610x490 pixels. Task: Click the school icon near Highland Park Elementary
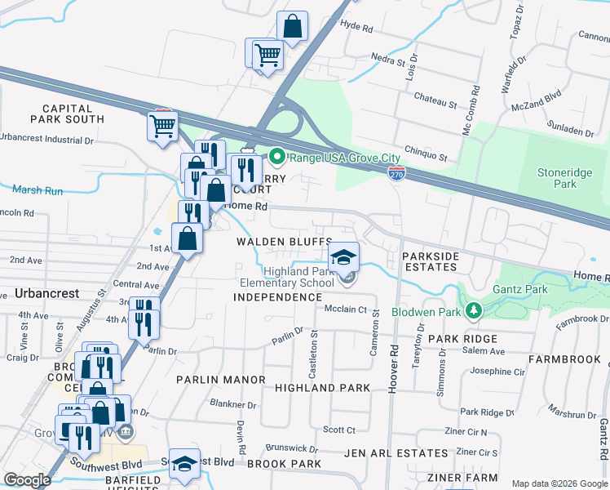(344, 257)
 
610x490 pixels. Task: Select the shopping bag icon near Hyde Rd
(292, 26)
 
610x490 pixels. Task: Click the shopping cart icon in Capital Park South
(163, 127)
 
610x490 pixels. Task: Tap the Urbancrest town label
(46, 292)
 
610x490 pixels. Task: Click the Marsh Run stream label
(38, 190)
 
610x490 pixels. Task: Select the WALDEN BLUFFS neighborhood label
(284, 243)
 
